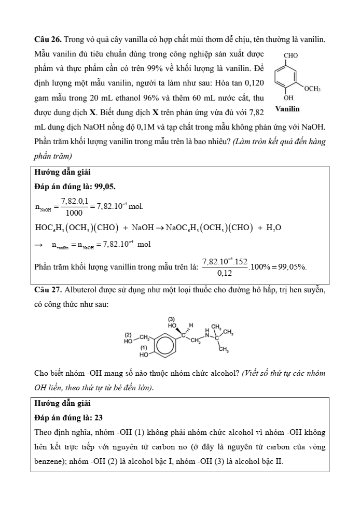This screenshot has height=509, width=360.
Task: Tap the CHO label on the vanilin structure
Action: [x=292, y=53]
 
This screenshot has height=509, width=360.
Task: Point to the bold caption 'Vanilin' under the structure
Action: [x=287, y=109]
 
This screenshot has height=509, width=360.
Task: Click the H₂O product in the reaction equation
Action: [x=273, y=228]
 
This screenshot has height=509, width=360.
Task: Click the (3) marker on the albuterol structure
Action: [x=172, y=318]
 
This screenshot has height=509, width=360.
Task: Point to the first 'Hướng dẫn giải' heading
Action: [x=62, y=172]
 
